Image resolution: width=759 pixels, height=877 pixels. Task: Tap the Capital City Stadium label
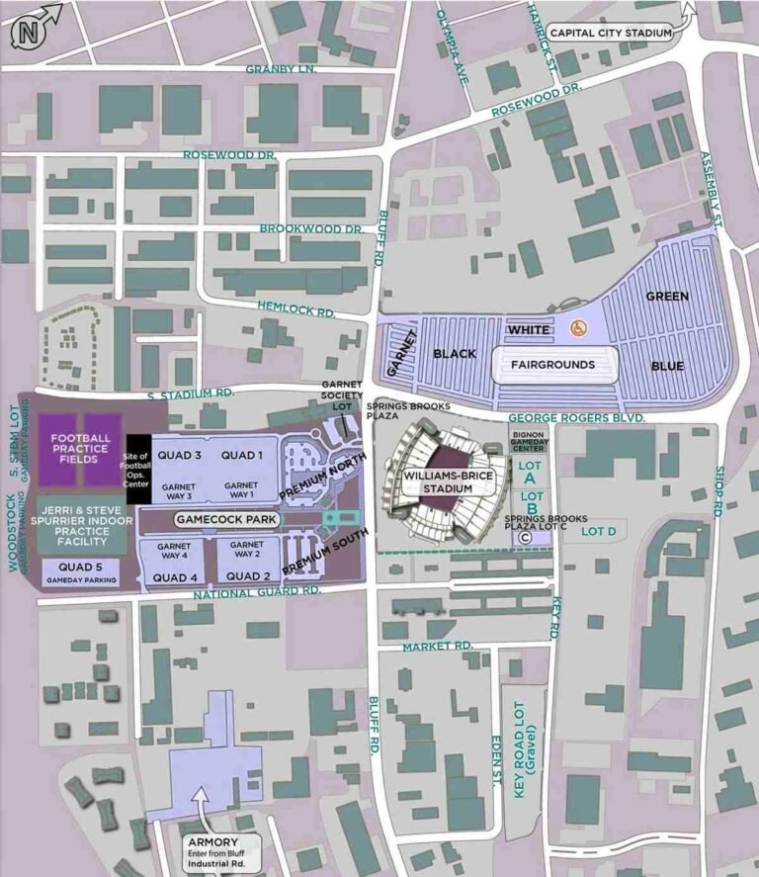611,33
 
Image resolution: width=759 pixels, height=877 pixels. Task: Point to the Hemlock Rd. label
295,309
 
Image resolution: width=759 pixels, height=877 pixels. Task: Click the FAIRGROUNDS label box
552,365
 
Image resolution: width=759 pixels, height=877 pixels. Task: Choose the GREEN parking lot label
667,296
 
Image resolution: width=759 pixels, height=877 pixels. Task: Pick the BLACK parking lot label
455,353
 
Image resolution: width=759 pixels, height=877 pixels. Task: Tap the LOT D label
599,532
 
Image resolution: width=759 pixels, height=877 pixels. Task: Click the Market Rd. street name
438,646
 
